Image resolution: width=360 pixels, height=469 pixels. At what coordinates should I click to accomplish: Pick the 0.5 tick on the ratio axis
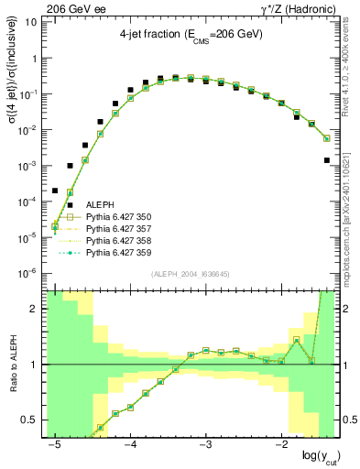[33, 420]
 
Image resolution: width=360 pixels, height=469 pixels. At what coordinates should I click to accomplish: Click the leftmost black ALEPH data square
[55, 191]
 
